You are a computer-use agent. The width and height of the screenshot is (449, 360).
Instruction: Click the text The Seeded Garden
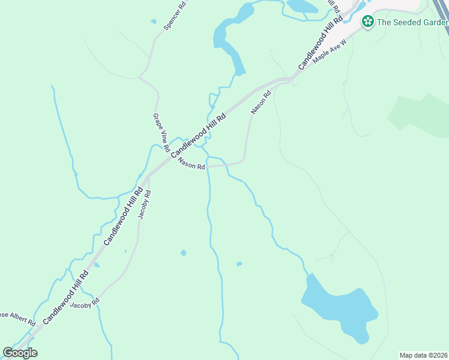tap(412, 23)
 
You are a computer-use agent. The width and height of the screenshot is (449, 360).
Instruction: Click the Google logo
tap(20, 353)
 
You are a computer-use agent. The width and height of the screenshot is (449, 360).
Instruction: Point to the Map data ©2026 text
tap(424, 355)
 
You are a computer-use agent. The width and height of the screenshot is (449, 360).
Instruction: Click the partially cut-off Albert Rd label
tap(17, 318)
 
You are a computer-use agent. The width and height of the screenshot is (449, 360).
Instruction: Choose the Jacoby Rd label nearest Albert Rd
tap(84, 305)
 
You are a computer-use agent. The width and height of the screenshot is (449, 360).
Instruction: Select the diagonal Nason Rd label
tap(261, 102)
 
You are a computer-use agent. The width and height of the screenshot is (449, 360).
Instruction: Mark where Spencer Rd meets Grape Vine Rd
tap(139, 77)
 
